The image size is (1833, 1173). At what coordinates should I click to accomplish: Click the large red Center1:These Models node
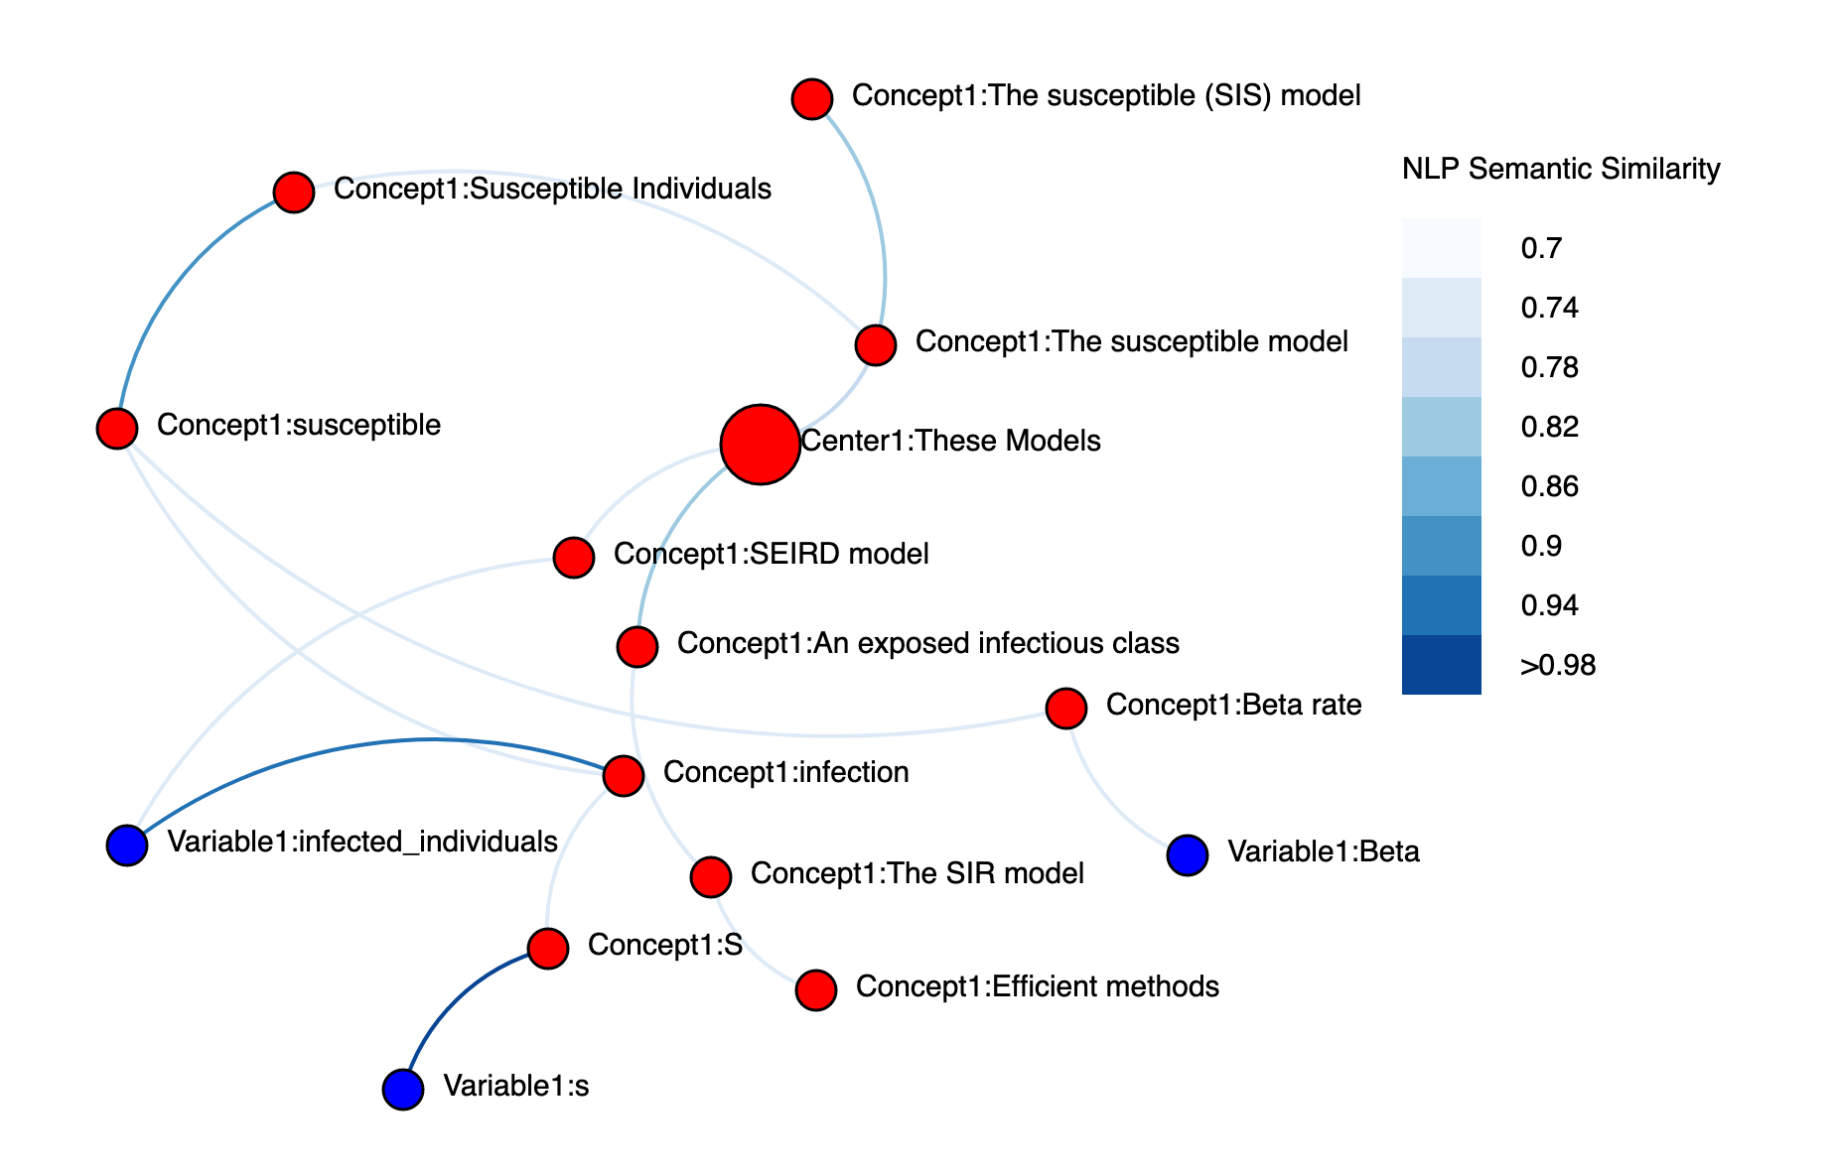pyautogui.click(x=760, y=444)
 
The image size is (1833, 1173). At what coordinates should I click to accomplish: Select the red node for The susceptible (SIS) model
pyautogui.click(x=811, y=98)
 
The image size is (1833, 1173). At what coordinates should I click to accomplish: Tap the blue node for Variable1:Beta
pyautogui.click(x=1187, y=854)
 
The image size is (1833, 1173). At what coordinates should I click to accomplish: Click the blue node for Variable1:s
pyautogui.click(x=402, y=1089)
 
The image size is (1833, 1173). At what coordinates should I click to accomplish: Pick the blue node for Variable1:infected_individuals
pyautogui.click(x=126, y=845)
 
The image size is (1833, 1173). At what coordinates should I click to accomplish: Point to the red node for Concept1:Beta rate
pyautogui.click(x=1065, y=708)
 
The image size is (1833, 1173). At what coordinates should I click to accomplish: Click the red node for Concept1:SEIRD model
pyautogui.click(x=573, y=557)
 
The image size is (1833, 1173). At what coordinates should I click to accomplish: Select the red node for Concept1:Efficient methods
pyautogui.click(x=815, y=989)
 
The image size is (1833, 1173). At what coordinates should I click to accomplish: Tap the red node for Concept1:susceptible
pyautogui.click(x=116, y=428)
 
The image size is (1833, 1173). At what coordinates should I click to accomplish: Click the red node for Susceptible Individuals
pyautogui.click(x=293, y=192)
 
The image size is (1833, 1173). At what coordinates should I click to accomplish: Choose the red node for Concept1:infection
pyautogui.click(x=623, y=775)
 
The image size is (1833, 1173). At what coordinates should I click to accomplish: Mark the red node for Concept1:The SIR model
pyautogui.click(x=710, y=876)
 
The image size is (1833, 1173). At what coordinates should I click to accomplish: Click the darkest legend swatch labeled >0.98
pyautogui.click(x=1441, y=664)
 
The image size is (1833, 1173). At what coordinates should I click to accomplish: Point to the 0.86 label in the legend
pyautogui.click(x=1549, y=486)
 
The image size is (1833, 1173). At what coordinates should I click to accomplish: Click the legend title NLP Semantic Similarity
pyautogui.click(x=1560, y=169)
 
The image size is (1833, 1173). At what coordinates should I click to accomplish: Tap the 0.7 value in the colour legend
pyautogui.click(x=1541, y=248)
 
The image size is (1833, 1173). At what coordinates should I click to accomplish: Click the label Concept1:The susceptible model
pyautogui.click(x=1131, y=341)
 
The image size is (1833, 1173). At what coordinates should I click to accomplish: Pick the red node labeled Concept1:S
pyautogui.click(x=547, y=948)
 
